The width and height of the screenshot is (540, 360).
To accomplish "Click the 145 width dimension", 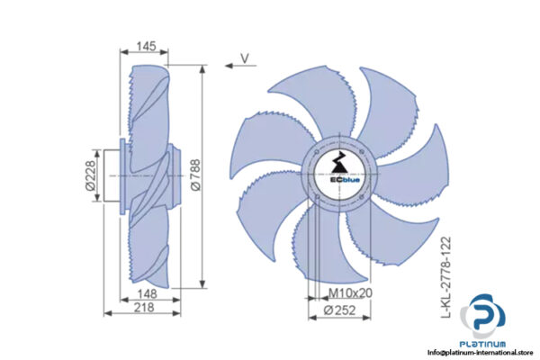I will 146,45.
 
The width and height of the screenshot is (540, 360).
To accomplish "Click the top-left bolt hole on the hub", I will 317,149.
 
